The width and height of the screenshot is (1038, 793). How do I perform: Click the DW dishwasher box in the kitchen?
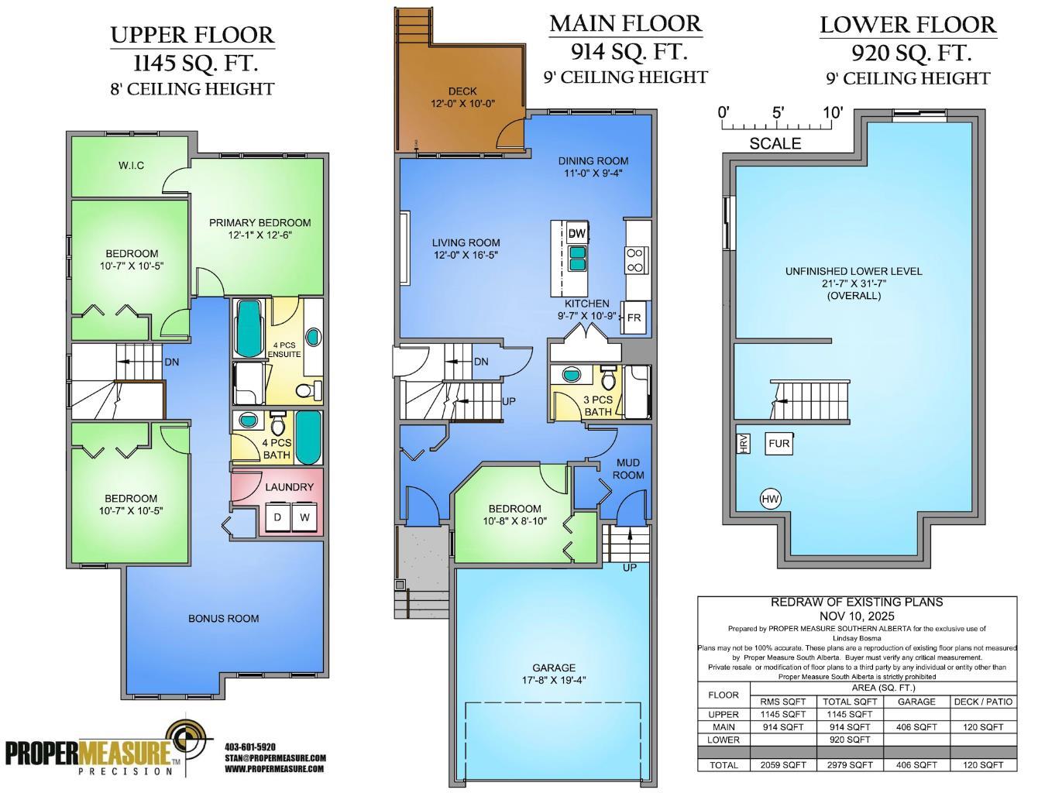pos(576,233)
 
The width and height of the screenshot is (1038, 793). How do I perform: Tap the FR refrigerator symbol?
pos(634,318)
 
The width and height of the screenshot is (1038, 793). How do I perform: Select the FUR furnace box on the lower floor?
pos(778,444)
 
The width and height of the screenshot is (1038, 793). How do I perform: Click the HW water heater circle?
pos(770,499)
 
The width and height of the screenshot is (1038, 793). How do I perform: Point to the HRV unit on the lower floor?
pos(743,444)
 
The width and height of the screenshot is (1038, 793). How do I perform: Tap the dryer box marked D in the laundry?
pos(277,517)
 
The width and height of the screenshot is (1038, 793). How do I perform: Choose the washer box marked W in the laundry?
pos(304,517)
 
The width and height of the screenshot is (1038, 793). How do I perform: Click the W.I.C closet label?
pos(131,166)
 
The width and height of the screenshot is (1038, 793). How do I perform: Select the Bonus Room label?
pos(223,618)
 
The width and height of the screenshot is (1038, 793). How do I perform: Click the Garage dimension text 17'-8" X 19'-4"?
pos(553,681)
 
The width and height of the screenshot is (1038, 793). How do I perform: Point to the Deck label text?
pos(462,91)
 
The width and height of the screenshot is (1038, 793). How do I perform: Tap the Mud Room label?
pos(627,469)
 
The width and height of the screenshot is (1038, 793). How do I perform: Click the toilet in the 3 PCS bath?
pos(608,379)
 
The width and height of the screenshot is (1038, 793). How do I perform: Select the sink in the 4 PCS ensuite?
pos(314,337)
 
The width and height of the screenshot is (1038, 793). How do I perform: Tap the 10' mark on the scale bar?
pos(833,113)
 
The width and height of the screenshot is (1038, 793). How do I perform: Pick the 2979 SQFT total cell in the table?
pos(850,764)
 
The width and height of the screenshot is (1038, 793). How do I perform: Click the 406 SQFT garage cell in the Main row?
pos(916,727)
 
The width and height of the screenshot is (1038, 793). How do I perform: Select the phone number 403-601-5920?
pos(249,747)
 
